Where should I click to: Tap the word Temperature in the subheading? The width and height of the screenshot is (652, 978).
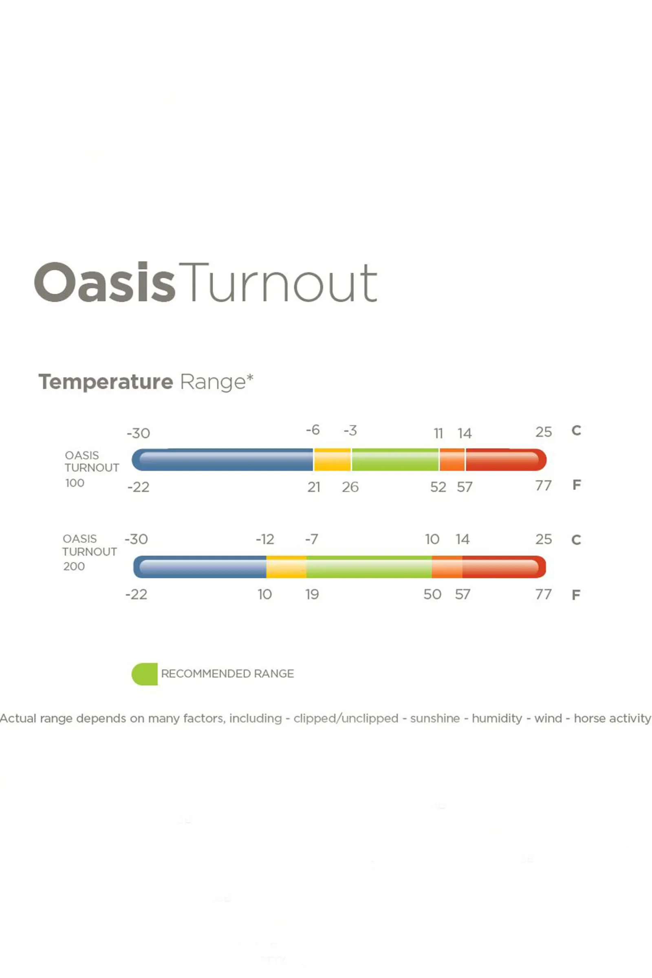click(x=106, y=382)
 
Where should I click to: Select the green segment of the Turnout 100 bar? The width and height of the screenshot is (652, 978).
click(x=395, y=460)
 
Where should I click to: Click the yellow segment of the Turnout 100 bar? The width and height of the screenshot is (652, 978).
click(x=332, y=460)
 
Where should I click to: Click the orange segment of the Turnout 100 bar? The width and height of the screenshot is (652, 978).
click(x=452, y=460)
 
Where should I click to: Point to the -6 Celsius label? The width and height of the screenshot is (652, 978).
click(x=313, y=430)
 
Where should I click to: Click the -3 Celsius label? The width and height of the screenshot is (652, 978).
click(x=350, y=430)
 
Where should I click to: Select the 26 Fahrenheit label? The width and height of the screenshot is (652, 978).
click(x=350, y=487)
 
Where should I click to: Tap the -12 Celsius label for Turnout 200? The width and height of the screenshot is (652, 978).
click(x=265, y=539)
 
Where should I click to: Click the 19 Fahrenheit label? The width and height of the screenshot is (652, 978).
click(x=312, y=594)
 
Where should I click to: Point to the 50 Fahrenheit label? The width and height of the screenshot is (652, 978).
click(x=432, y=594)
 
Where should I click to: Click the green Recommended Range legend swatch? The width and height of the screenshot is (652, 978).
click(x=145, y=674)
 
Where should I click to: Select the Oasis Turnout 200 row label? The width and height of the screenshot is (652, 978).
click(x=89, y=552)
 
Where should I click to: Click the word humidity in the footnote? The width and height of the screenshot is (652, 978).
click(x=497, y=718)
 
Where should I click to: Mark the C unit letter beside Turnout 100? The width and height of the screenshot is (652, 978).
click(x=576, y=430)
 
